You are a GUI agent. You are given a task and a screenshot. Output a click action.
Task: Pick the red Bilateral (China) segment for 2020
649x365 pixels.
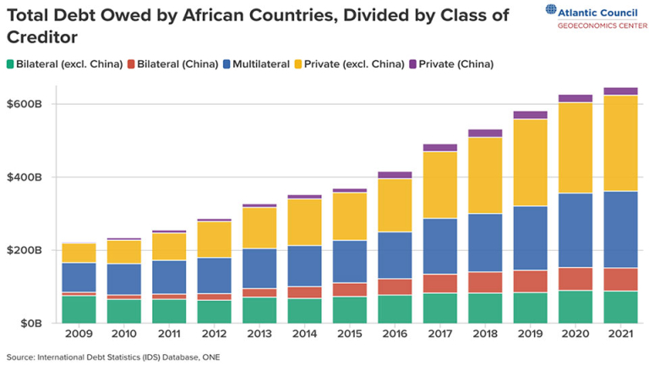[575, 279]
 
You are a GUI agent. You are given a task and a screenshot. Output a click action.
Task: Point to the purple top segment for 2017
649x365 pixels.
[439, 147]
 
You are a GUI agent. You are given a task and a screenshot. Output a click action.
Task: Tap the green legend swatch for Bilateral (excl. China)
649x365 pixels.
[11, 64]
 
